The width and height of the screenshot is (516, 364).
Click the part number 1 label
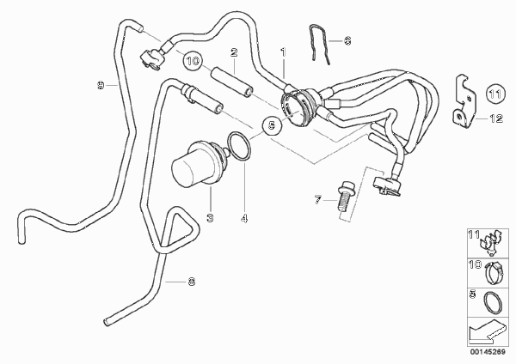[x=283, y=52]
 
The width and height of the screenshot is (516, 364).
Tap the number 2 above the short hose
[x=234, y=52]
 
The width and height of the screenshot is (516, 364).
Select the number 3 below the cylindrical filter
[x=210, y=217]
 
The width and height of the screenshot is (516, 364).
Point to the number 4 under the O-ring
[x=244, y=218]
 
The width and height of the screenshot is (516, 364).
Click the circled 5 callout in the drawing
[x=272, y=125]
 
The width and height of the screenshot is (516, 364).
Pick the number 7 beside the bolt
[x=317, y=200]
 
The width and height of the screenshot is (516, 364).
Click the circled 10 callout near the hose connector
[x=193, y=61]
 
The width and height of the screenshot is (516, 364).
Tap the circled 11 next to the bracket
[x=495, y=94]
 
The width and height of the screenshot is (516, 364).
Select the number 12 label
[x=496, y=118]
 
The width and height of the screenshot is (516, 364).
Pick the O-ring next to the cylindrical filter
[x=240, y=147]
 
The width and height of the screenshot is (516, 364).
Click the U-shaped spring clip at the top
[x=319, y=44]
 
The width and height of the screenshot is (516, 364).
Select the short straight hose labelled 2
[x=232, y=82]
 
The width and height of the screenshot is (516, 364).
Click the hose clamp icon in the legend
[x=493, y=274]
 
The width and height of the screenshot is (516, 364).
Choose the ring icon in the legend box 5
[x=493, y=302]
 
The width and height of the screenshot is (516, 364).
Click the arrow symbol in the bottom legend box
[x=487, y=331]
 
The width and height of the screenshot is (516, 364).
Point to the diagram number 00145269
[x=488, y=352]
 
